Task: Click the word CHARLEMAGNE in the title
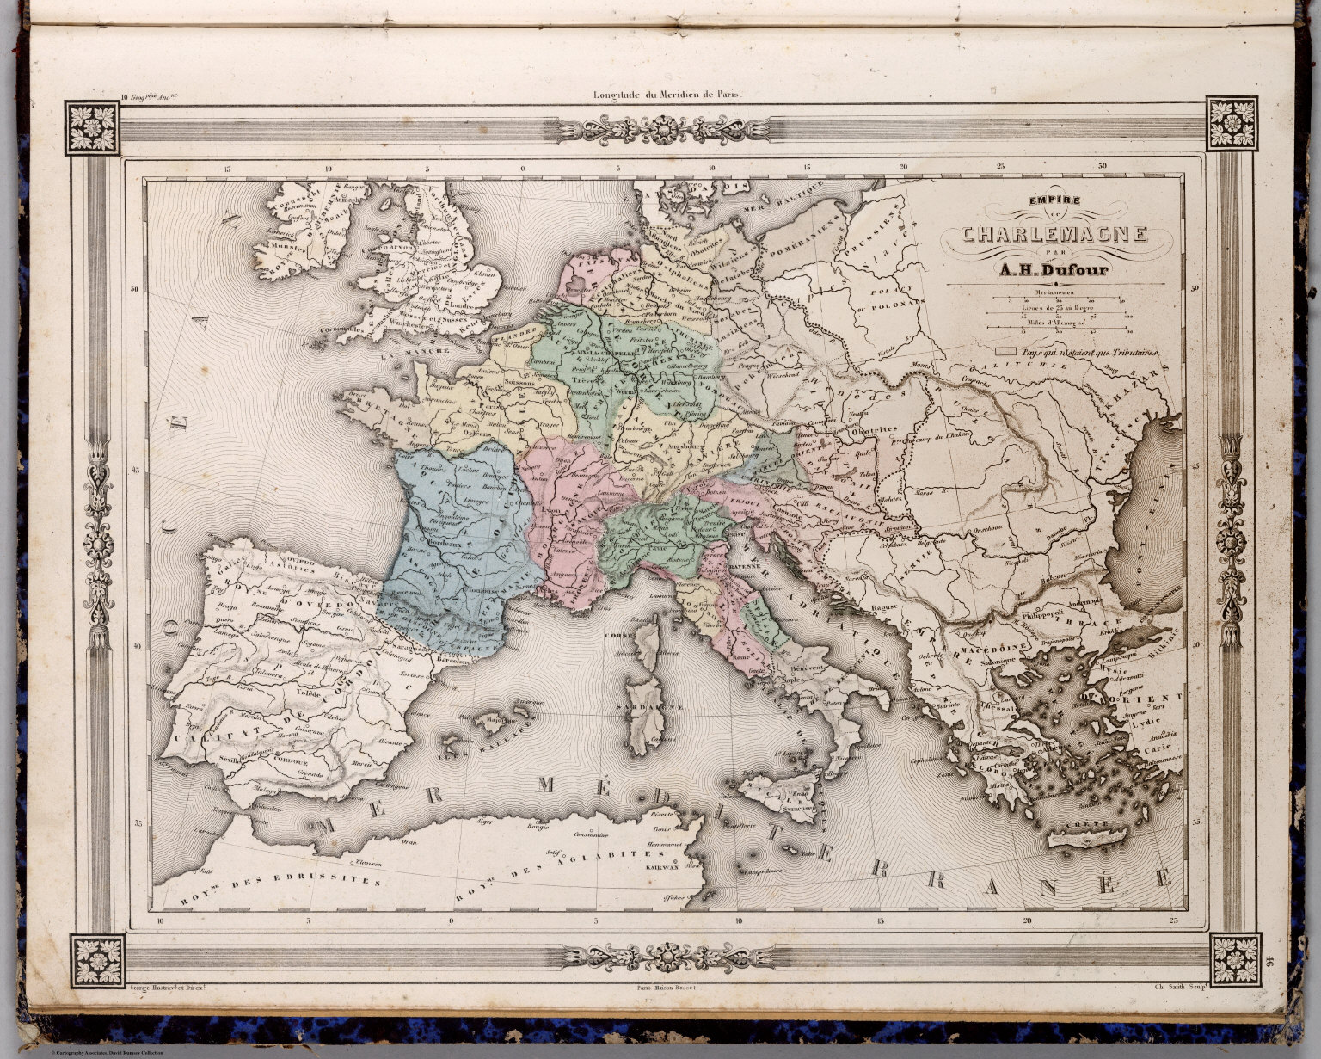[1054, 234]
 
